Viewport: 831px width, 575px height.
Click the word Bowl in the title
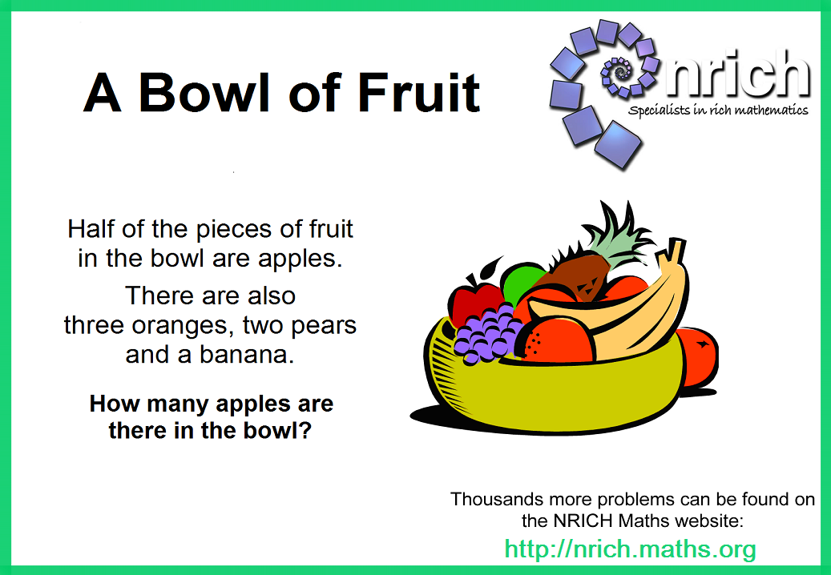point(204,93)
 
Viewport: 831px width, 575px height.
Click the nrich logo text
point(738,74)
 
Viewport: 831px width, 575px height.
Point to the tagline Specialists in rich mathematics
point(718,111)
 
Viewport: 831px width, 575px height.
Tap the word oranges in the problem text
point(183,326)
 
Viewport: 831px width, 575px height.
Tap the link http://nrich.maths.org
point(630,549)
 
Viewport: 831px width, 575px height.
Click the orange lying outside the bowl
point(699,356)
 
